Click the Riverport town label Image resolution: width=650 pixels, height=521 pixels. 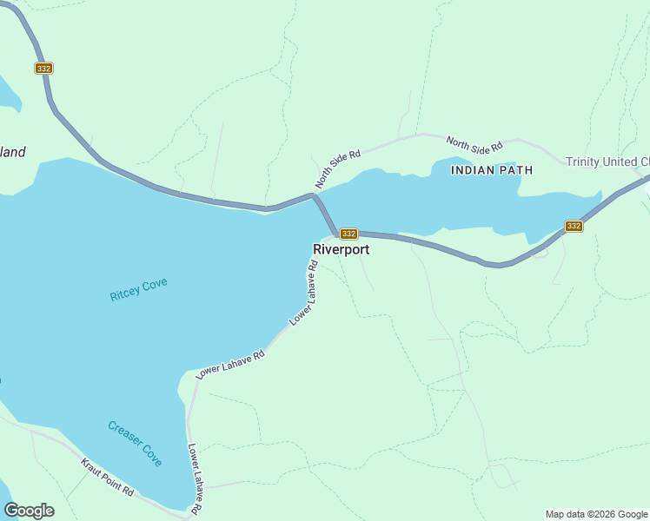pos(341,249)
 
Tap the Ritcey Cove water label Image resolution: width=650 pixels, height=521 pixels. pos(138,289)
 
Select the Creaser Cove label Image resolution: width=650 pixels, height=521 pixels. pos(135,444)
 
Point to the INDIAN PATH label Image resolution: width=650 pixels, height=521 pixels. pos(492,170)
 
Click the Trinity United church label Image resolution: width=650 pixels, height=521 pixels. pos(607,162)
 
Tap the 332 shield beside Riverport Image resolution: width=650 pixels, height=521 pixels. pos(348,234)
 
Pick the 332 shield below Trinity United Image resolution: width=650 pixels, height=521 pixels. pos(574,226)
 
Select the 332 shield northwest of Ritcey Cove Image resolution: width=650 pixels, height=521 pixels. pos(43,68)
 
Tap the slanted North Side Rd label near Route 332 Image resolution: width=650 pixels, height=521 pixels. pos(337,168)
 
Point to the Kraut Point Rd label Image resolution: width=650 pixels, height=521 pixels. pos(108,477)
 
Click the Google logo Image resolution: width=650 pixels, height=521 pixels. pos(29,511)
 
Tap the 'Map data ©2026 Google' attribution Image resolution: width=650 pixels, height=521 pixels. pos(596,514)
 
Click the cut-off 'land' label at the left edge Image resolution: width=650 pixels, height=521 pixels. pos(12,152)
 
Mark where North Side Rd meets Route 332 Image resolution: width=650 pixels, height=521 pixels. pos(315,195)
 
